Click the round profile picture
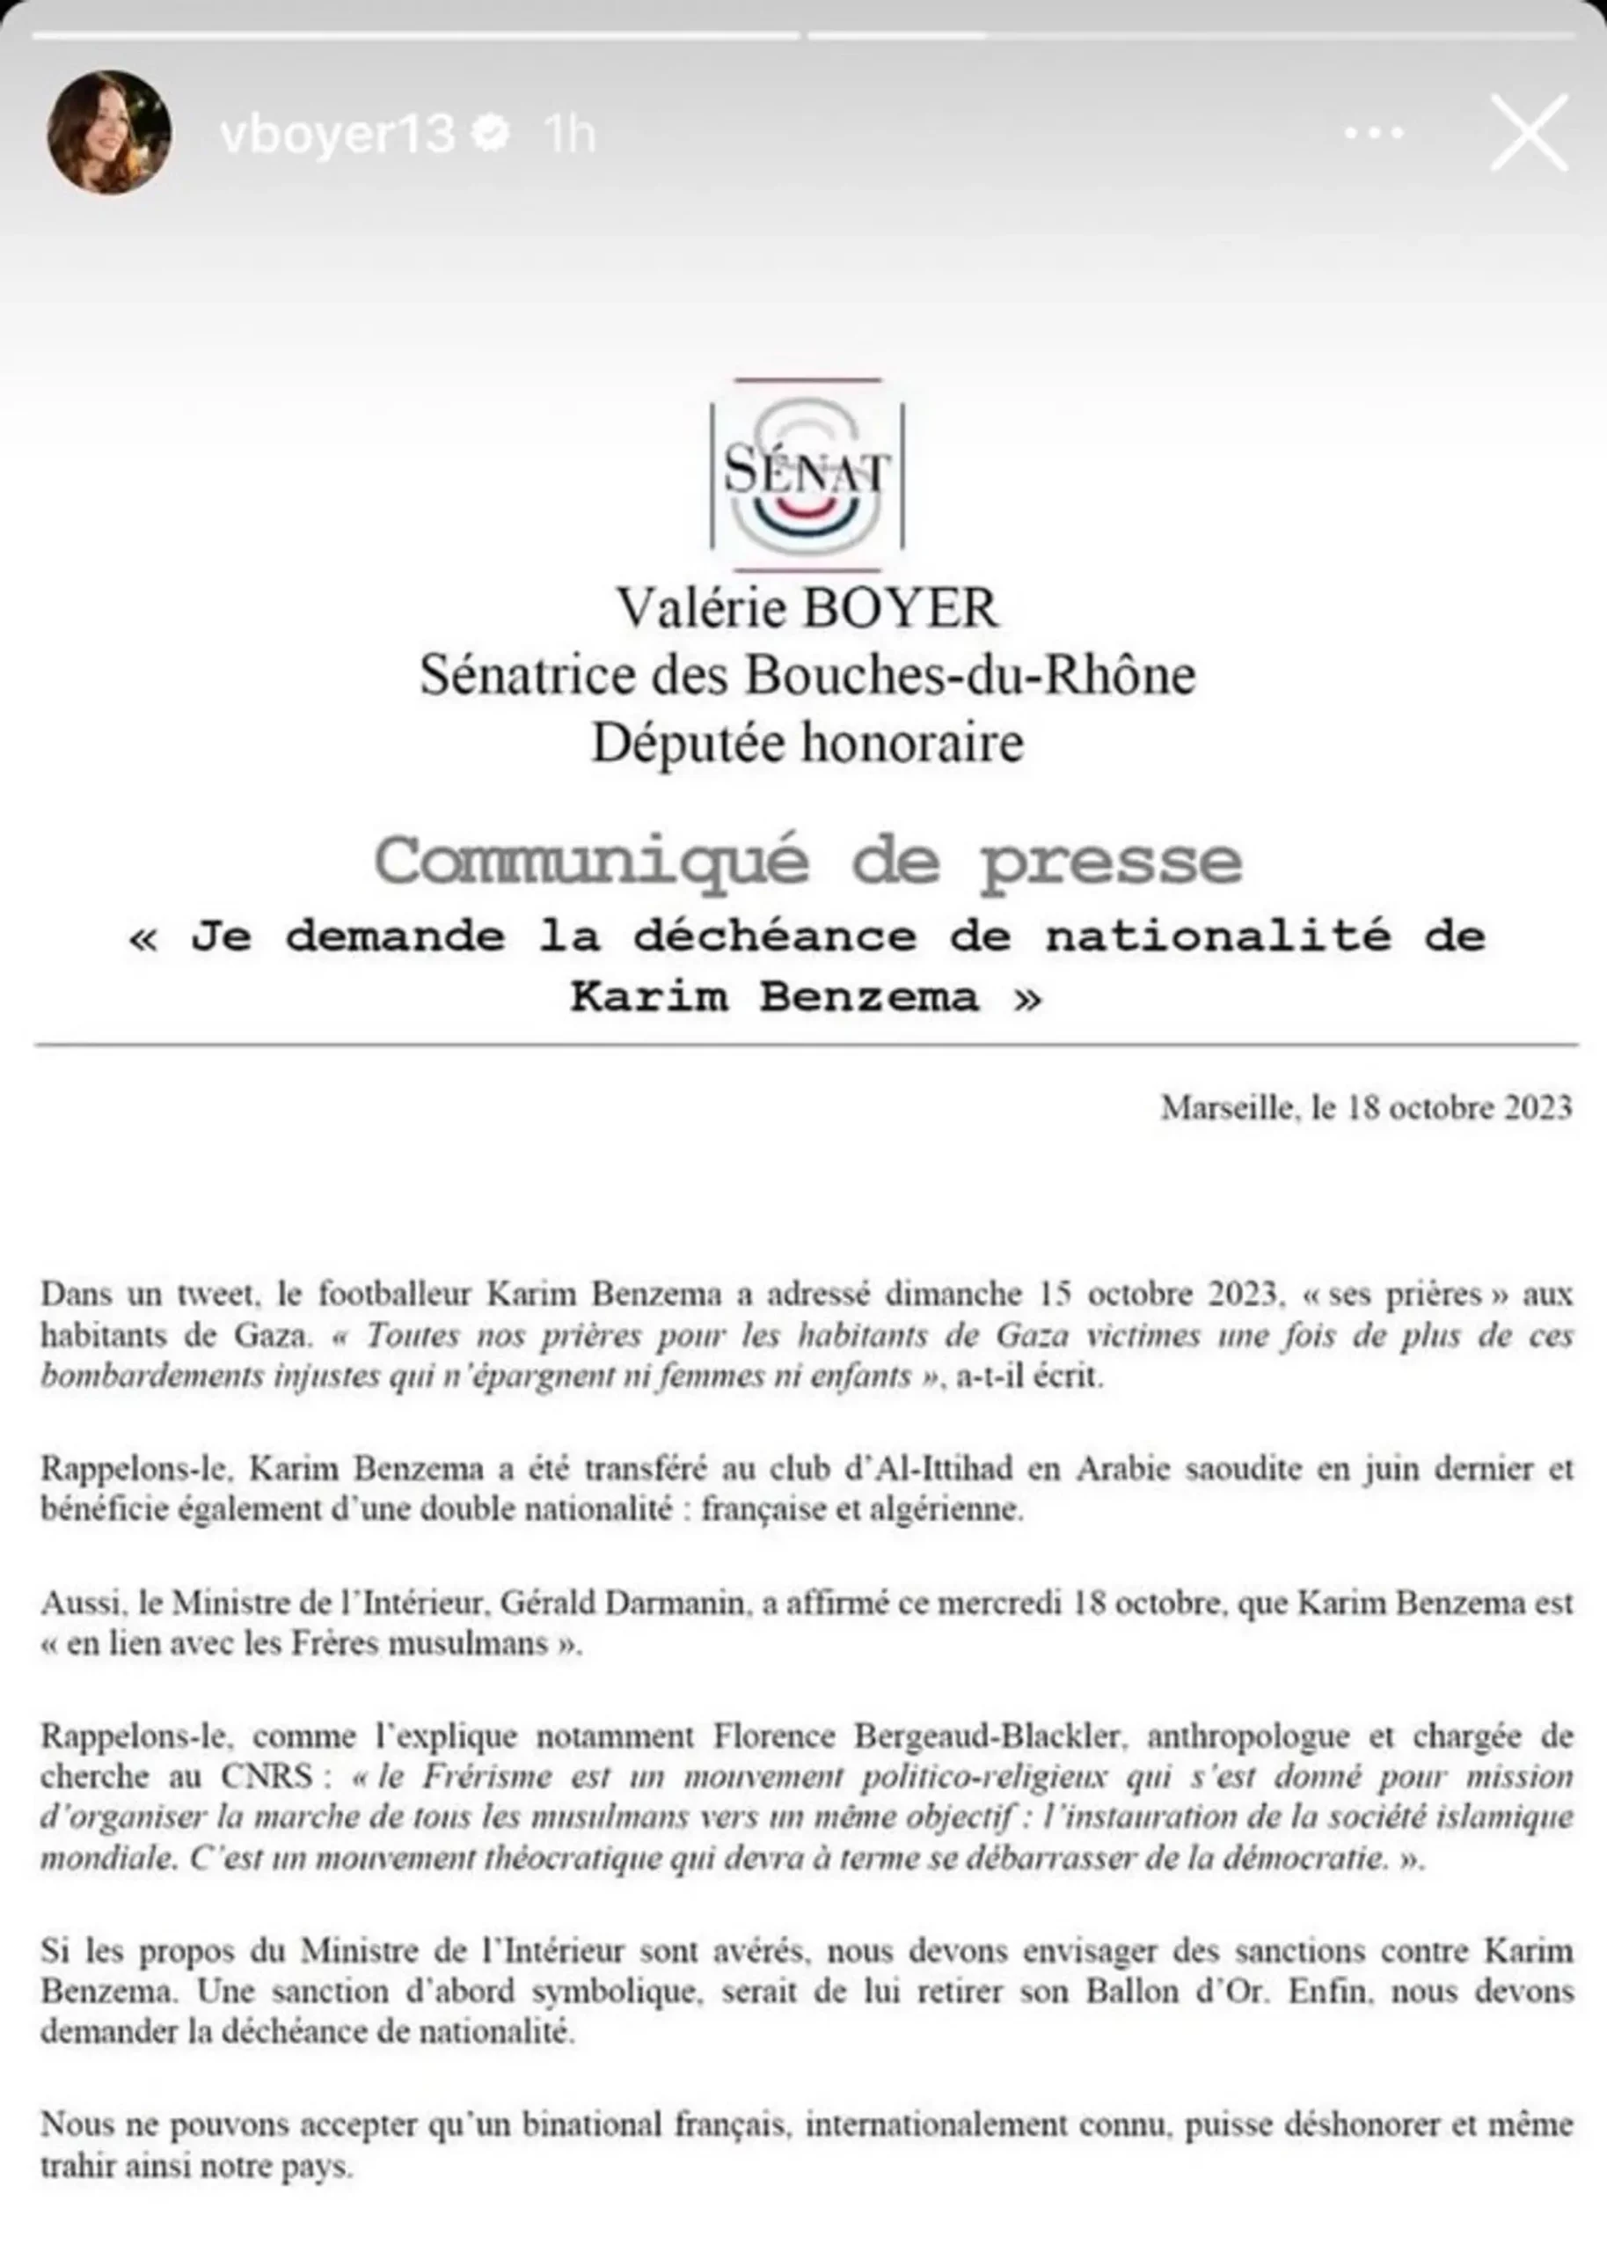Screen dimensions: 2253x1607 click(109, 132)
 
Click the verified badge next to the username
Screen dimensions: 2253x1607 click(492, 133)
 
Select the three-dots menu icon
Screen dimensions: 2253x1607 click(1375, 133)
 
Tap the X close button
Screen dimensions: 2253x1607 click(1528, 133)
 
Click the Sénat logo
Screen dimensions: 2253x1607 click(807, 474)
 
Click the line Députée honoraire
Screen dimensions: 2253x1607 click(807, 743)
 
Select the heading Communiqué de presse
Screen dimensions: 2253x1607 click(807, 860)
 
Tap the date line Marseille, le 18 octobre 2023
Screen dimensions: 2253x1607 click(1365, 1108)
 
